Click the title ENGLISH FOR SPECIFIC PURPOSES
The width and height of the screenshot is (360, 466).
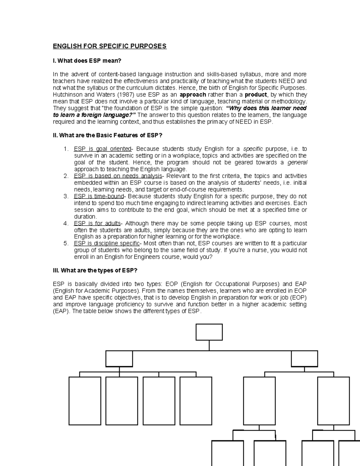click(109, 46)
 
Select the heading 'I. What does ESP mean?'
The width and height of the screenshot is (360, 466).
click(87, 61)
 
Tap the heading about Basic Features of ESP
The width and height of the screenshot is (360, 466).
click(107, 135)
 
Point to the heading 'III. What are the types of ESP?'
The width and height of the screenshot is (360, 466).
click(95, 270)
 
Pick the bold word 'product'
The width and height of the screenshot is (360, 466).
click(255, 95)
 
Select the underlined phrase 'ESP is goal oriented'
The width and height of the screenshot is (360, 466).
click(103, 149)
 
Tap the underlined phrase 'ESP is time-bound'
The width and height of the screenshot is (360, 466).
click(99, 196)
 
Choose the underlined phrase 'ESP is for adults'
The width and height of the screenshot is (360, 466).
click(97, 223)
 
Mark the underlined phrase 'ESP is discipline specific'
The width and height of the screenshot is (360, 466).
click(107, 243)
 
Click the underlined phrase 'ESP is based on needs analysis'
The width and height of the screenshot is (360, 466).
click(118, 176)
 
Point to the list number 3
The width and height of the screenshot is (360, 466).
click(66, 196)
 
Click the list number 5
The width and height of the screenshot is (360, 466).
click(66, 243)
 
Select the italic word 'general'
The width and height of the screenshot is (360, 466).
click(297, 163)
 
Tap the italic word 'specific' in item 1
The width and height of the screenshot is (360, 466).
click(253, 149)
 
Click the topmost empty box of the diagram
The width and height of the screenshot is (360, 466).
click(209, 332)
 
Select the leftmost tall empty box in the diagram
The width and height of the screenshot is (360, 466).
click(85, 401)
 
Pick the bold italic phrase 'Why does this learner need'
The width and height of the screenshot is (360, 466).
click(266, 108)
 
